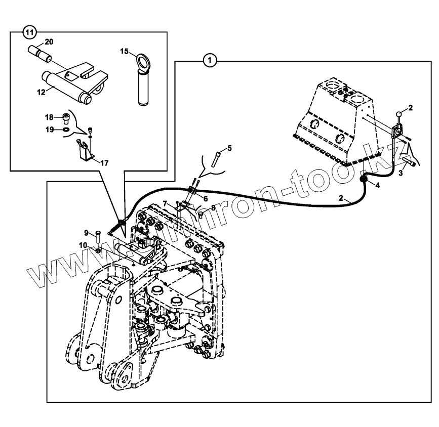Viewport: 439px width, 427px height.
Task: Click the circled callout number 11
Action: tap(30, 32)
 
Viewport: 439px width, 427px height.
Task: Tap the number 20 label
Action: tap(49, 41)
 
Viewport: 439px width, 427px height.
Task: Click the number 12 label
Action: tap(41, 92)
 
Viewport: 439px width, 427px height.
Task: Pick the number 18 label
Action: tap(49, 117)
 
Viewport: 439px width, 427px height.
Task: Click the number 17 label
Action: tap(104, 163)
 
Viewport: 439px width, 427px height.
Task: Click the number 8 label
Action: tap(213, 207)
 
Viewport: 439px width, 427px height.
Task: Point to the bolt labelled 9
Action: tap(97, 234)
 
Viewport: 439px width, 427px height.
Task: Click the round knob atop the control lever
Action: tap(400, 113)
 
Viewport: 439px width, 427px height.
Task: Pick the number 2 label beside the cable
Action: tap(342, 198)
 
